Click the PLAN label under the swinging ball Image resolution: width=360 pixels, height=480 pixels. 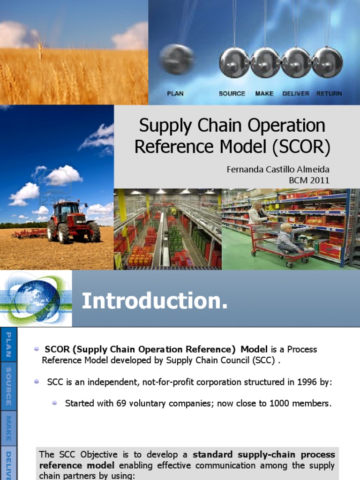click(175, 93)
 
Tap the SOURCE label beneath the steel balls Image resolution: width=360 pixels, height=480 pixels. click(232, 93)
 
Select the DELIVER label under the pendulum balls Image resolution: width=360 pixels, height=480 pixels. click(296, 93)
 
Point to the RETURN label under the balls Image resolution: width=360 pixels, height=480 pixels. click(329, 93)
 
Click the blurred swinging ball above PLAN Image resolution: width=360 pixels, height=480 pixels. click(177, 60)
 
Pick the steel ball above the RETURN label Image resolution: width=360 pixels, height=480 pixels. click(327, 62)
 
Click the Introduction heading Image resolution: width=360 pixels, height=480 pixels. click(155, 301)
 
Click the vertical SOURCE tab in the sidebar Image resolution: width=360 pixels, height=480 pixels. click(8, 387)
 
